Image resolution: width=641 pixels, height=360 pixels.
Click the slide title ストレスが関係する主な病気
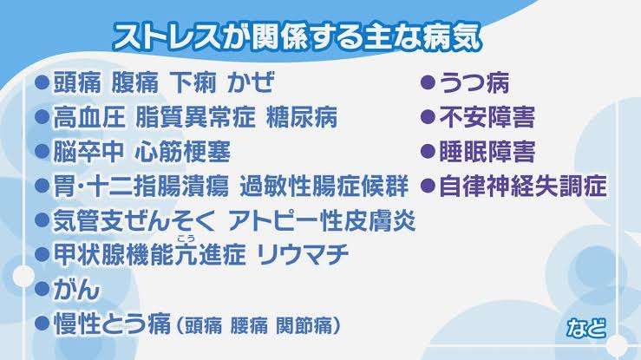(298, 37)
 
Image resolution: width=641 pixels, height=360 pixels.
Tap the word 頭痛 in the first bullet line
(77, 82)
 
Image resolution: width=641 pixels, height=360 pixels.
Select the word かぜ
(251, 82)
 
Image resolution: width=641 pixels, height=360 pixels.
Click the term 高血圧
(89, 117)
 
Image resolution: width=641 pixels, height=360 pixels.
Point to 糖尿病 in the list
(302, 117)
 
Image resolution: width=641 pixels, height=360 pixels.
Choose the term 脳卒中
(88, 152)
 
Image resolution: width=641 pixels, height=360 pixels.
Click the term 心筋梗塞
(182, 152)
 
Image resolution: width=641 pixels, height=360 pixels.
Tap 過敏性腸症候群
(324, 186)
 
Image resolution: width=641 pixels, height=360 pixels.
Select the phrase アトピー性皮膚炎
(322, 220)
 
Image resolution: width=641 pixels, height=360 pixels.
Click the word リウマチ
(303, 255)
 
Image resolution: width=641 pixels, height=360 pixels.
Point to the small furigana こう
(186, 239)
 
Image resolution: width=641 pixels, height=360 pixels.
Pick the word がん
(76, 290)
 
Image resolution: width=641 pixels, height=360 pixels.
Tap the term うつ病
(474, 83)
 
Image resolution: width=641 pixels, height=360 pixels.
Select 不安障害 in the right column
(487, 117)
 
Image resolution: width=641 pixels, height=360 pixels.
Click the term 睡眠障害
(487, 152)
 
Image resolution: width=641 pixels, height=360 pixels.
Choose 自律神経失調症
(523, 186)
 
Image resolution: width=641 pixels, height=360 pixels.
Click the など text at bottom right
(586, 328)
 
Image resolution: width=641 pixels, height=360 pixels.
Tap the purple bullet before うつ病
(428, 82)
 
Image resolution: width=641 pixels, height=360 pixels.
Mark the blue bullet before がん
(43, 290)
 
